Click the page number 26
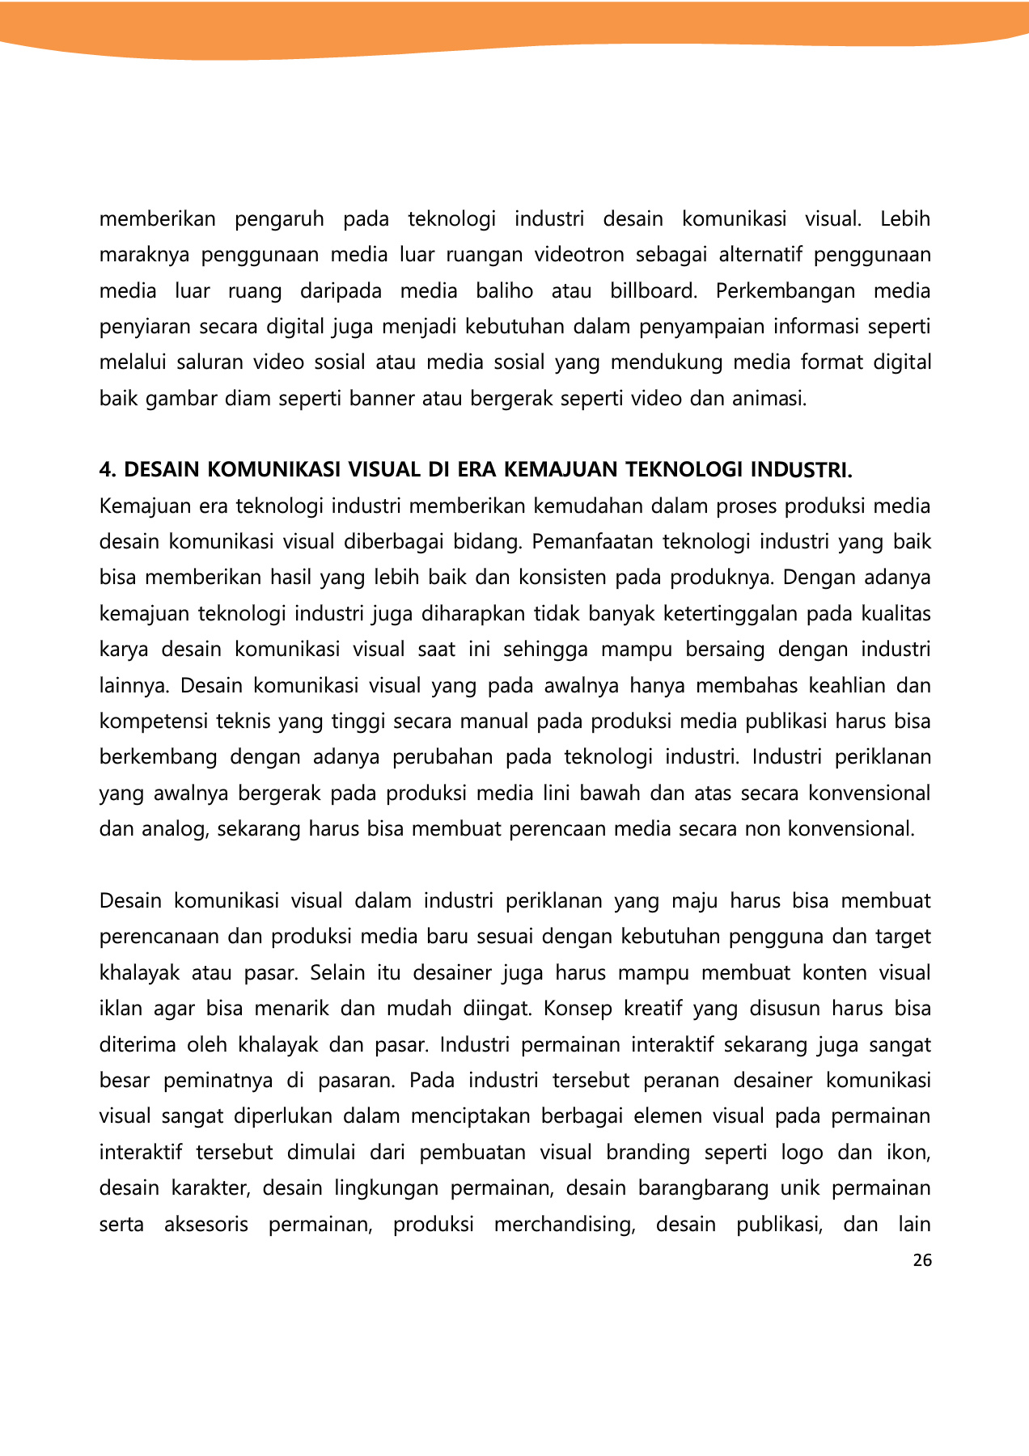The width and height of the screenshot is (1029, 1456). click(x=921, y=1259)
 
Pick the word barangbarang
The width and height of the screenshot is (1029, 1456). click(x=703, y=1188)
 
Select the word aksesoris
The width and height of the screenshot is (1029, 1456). click(x=206, y=1225)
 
